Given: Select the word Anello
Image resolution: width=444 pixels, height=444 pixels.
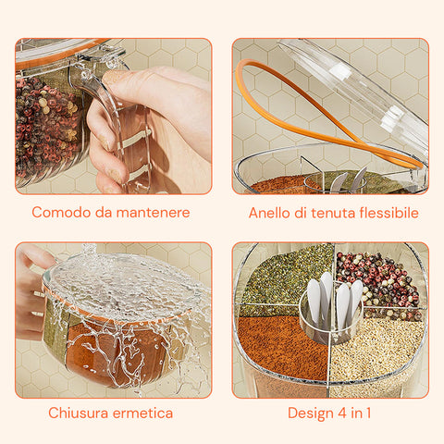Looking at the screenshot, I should (271, 213).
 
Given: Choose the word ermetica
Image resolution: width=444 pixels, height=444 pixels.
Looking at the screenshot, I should (144, 413).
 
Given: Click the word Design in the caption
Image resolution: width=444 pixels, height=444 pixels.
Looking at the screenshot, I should (310, 413).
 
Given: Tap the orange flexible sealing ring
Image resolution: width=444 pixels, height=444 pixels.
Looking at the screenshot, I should (277, 102).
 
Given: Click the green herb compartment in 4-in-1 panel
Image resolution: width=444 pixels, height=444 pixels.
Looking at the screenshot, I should (282, 277).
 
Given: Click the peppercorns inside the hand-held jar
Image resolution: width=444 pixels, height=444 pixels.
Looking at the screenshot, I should (46, 125).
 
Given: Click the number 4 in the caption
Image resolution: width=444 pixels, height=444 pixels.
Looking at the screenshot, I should (344, 413).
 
